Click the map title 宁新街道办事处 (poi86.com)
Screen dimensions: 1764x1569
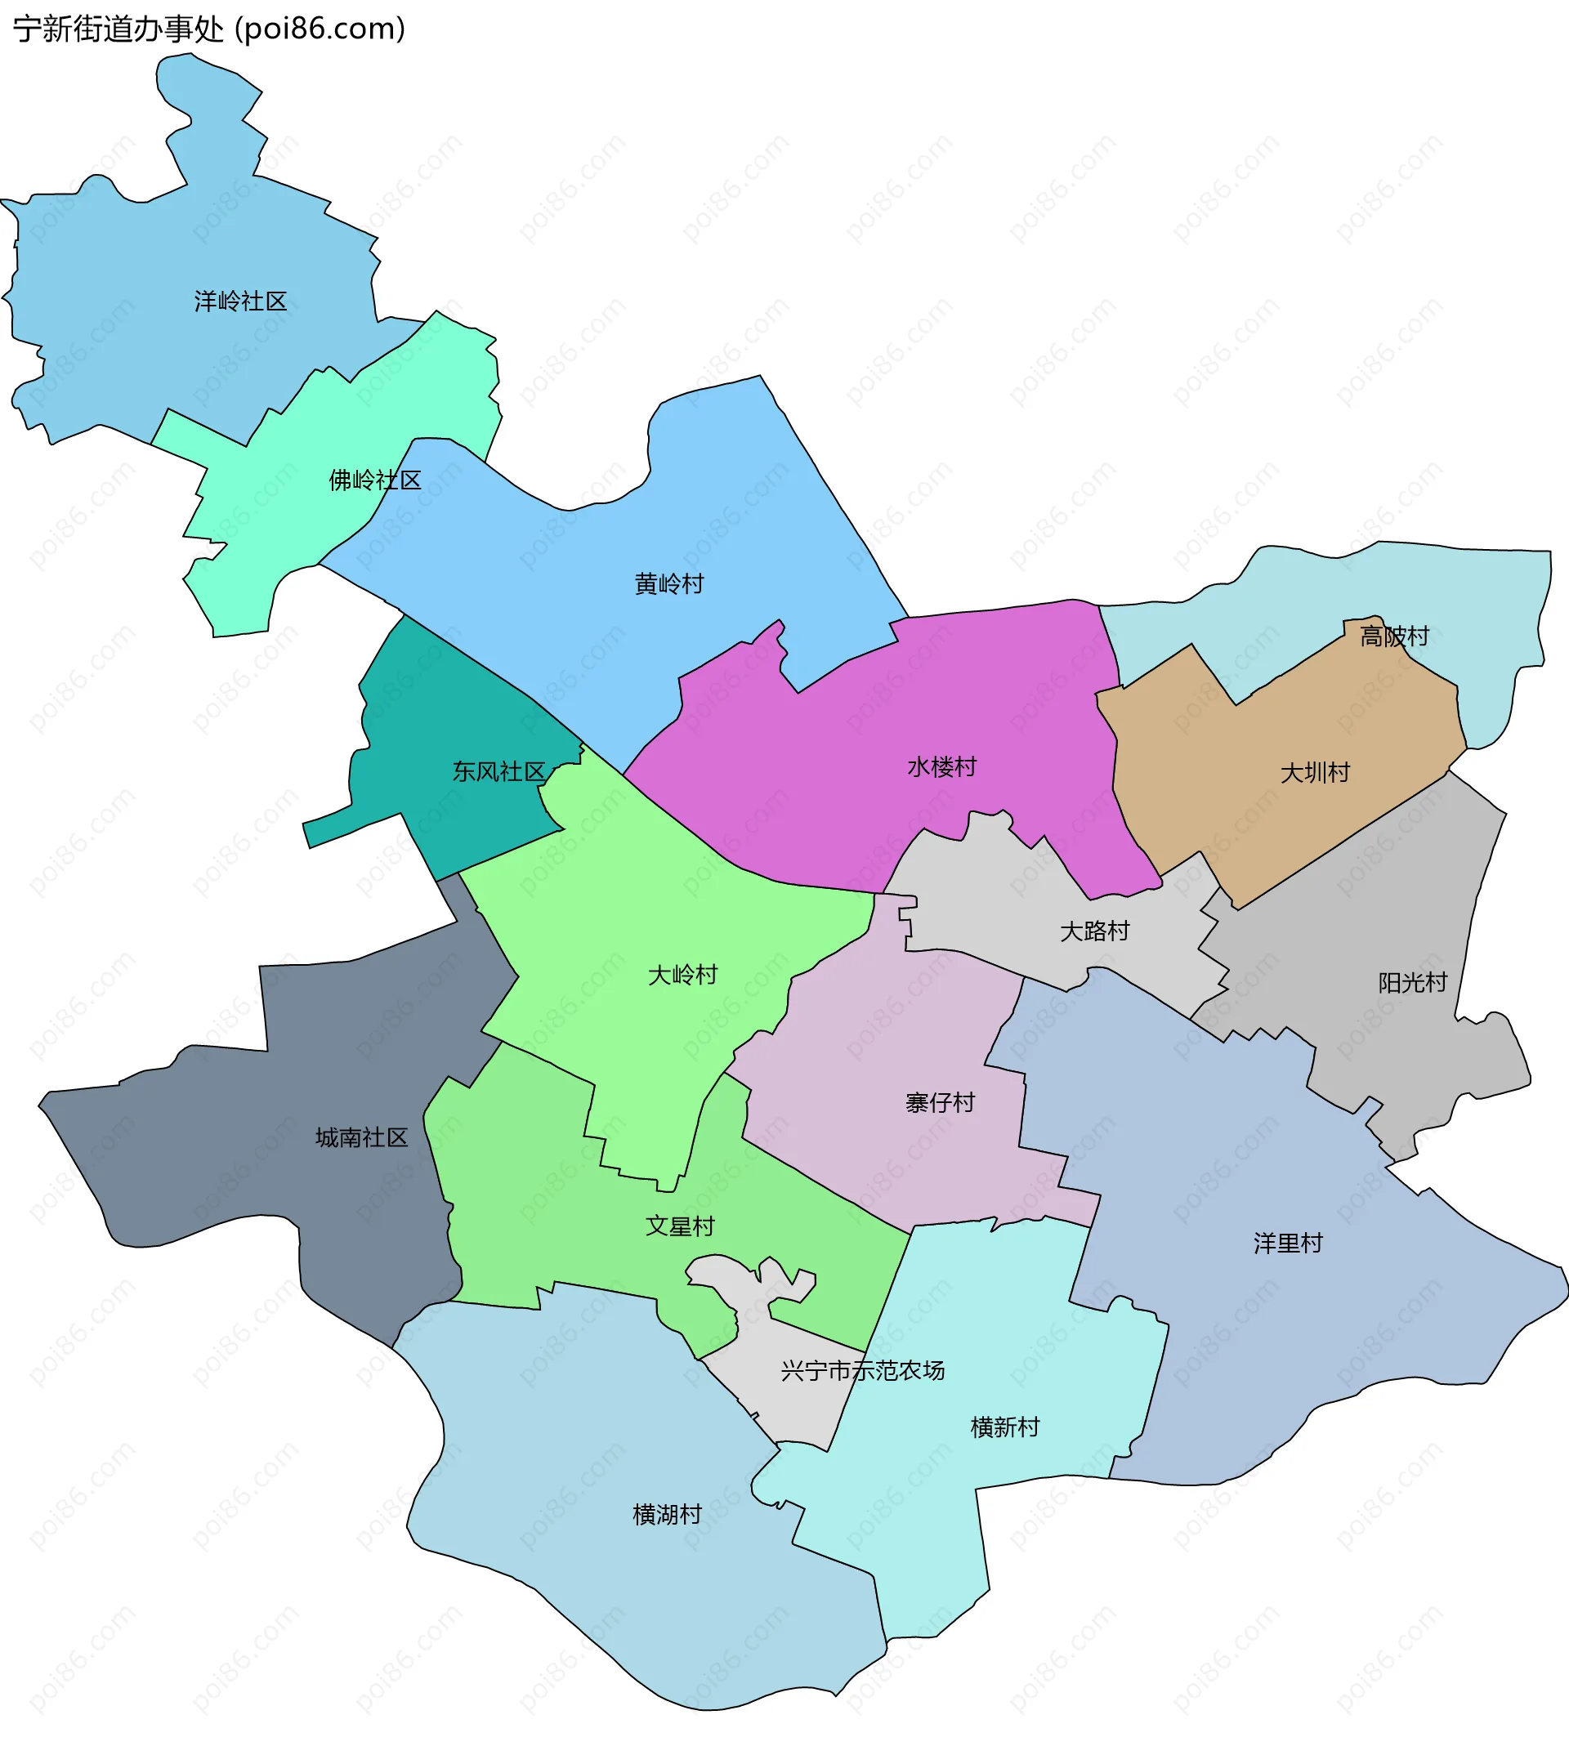pos(209,29)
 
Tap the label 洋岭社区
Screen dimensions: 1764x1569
pos(240,301)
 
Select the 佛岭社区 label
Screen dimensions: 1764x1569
pos(374,480)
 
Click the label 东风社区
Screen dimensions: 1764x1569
pos(498,771)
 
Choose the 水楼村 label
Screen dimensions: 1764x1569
pos(941,767)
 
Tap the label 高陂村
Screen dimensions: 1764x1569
pos(1395,637)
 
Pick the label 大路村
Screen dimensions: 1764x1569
pos(1094,931)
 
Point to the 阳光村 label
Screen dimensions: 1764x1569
pos(1412,983)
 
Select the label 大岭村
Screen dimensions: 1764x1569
pos(682,976)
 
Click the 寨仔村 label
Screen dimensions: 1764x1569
pos(940,1103)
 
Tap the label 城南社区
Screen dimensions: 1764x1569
pos(362,1138)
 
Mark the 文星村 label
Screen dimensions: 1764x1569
pos(680,1226)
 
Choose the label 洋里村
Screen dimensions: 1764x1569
pos(1288,1244)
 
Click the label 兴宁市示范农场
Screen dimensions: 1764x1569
pos(862,1370)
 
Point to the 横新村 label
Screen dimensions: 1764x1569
pos(1004,1427)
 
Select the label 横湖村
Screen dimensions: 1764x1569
pos(667,1515)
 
